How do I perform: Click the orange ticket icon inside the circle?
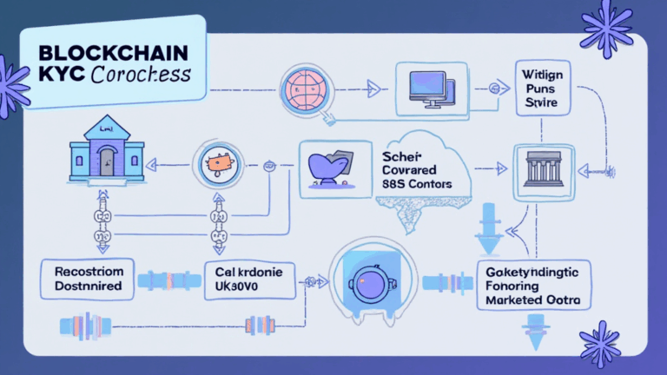click(x=217, y=161)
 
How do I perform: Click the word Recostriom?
click(x=86, y=271)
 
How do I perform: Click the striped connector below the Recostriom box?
click(x=87, y=326)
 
